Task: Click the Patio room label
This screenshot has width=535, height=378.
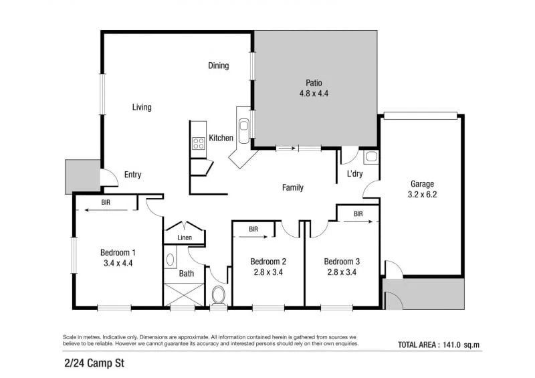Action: click(x=314, y=83)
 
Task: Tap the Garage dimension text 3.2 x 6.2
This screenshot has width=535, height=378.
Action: click(x=422, y=194)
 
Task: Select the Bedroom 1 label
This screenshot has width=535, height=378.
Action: click(x=118, y=253)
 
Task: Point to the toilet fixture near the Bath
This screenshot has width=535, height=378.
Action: click(x=219, y=296)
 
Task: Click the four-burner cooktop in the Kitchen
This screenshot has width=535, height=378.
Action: click(x=198, y=143)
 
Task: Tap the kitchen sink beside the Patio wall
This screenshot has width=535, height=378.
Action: click(x=243, y=130)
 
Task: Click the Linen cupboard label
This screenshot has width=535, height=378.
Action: click(x=185, y=238)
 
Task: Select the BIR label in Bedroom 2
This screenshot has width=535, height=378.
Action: click(x=253, y=229)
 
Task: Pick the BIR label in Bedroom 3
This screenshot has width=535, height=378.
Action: click(x=358, y=214)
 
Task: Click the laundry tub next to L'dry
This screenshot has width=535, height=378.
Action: click(x=371, y=157)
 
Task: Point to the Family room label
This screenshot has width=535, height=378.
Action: click(x=293, y=187)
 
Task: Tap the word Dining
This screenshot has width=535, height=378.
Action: click(x=219, y=65)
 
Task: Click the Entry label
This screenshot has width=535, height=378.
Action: click(x=132, y=175)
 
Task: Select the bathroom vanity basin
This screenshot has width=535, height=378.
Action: click(x=170, y=260)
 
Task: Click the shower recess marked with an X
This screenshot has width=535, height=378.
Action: click(x=185, y=294)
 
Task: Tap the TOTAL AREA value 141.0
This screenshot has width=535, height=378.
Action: click(x=452, y=345)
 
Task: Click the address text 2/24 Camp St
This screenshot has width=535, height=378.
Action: click(x=94, y=363)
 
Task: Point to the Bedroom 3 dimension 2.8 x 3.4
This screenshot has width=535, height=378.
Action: click(x=342, y=272)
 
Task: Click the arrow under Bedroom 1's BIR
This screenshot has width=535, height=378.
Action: click(x=106, y=210)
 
